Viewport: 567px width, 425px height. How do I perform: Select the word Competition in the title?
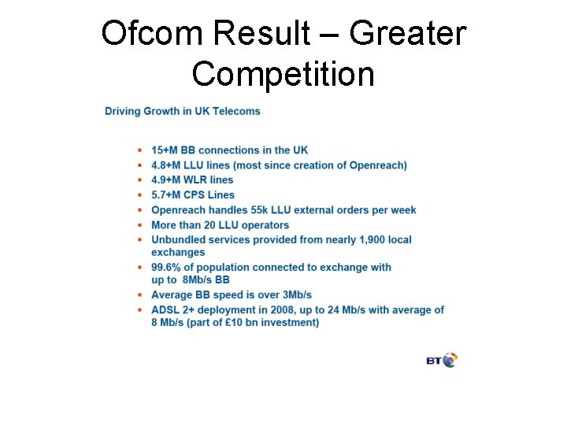(x=283, y=75)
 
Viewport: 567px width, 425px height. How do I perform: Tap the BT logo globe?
(x=450, y=360)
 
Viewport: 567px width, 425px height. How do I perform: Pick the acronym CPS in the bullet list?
(x=195, y=195)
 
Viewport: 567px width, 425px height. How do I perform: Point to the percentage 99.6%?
(x=169, y=268)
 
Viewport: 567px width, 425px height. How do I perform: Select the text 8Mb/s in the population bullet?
(x=198, y=280)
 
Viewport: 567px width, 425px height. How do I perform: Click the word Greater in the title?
(x=407, y=34)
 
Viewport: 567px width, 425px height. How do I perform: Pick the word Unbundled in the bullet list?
(x=178, y=239)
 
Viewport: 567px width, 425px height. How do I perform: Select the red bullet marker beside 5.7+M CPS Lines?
(x=139, y=195)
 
